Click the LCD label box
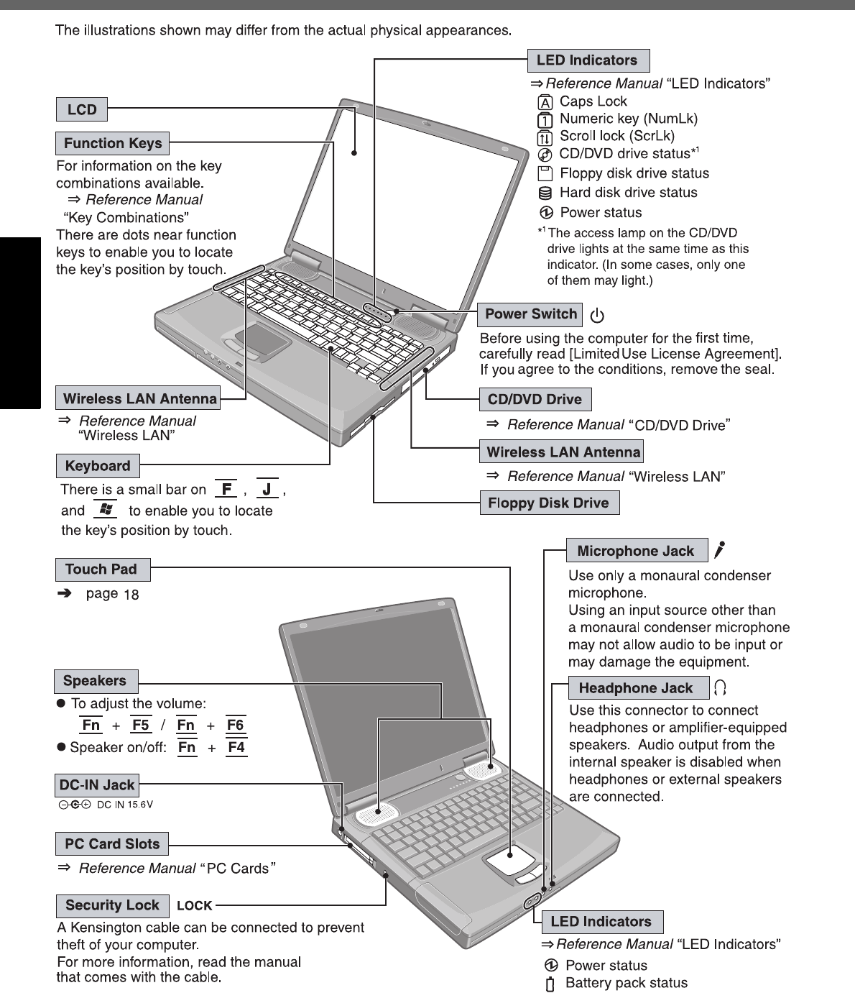tap(82, 110)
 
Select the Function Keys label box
tap(113, 143)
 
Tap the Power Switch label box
tap(530, 314)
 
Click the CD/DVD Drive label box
tap(535, 400)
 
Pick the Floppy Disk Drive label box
tap(548, 503)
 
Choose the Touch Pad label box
tap(101, 569)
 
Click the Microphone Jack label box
tap(636, 551)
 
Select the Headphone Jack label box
tap(636, 688)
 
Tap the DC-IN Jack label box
tap(96, 784)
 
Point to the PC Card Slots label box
tap(112, 843)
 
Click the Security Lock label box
tap(112, 905)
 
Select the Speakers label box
tap(95, 681)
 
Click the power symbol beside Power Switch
tap(597, 316)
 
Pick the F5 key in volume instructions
tap(141, 725)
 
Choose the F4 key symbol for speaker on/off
tap(236, 747)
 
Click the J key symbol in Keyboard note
tap(267, 490)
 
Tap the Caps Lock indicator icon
tap(545, 102)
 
